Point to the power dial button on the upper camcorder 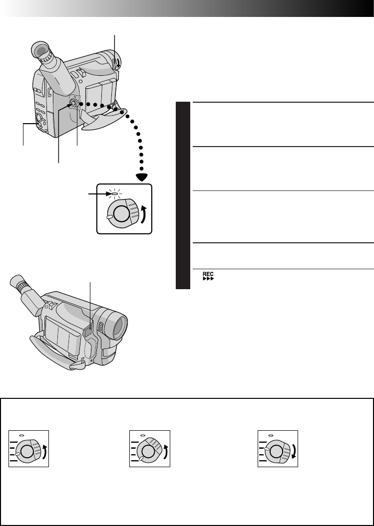73,104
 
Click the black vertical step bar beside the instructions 183,194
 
